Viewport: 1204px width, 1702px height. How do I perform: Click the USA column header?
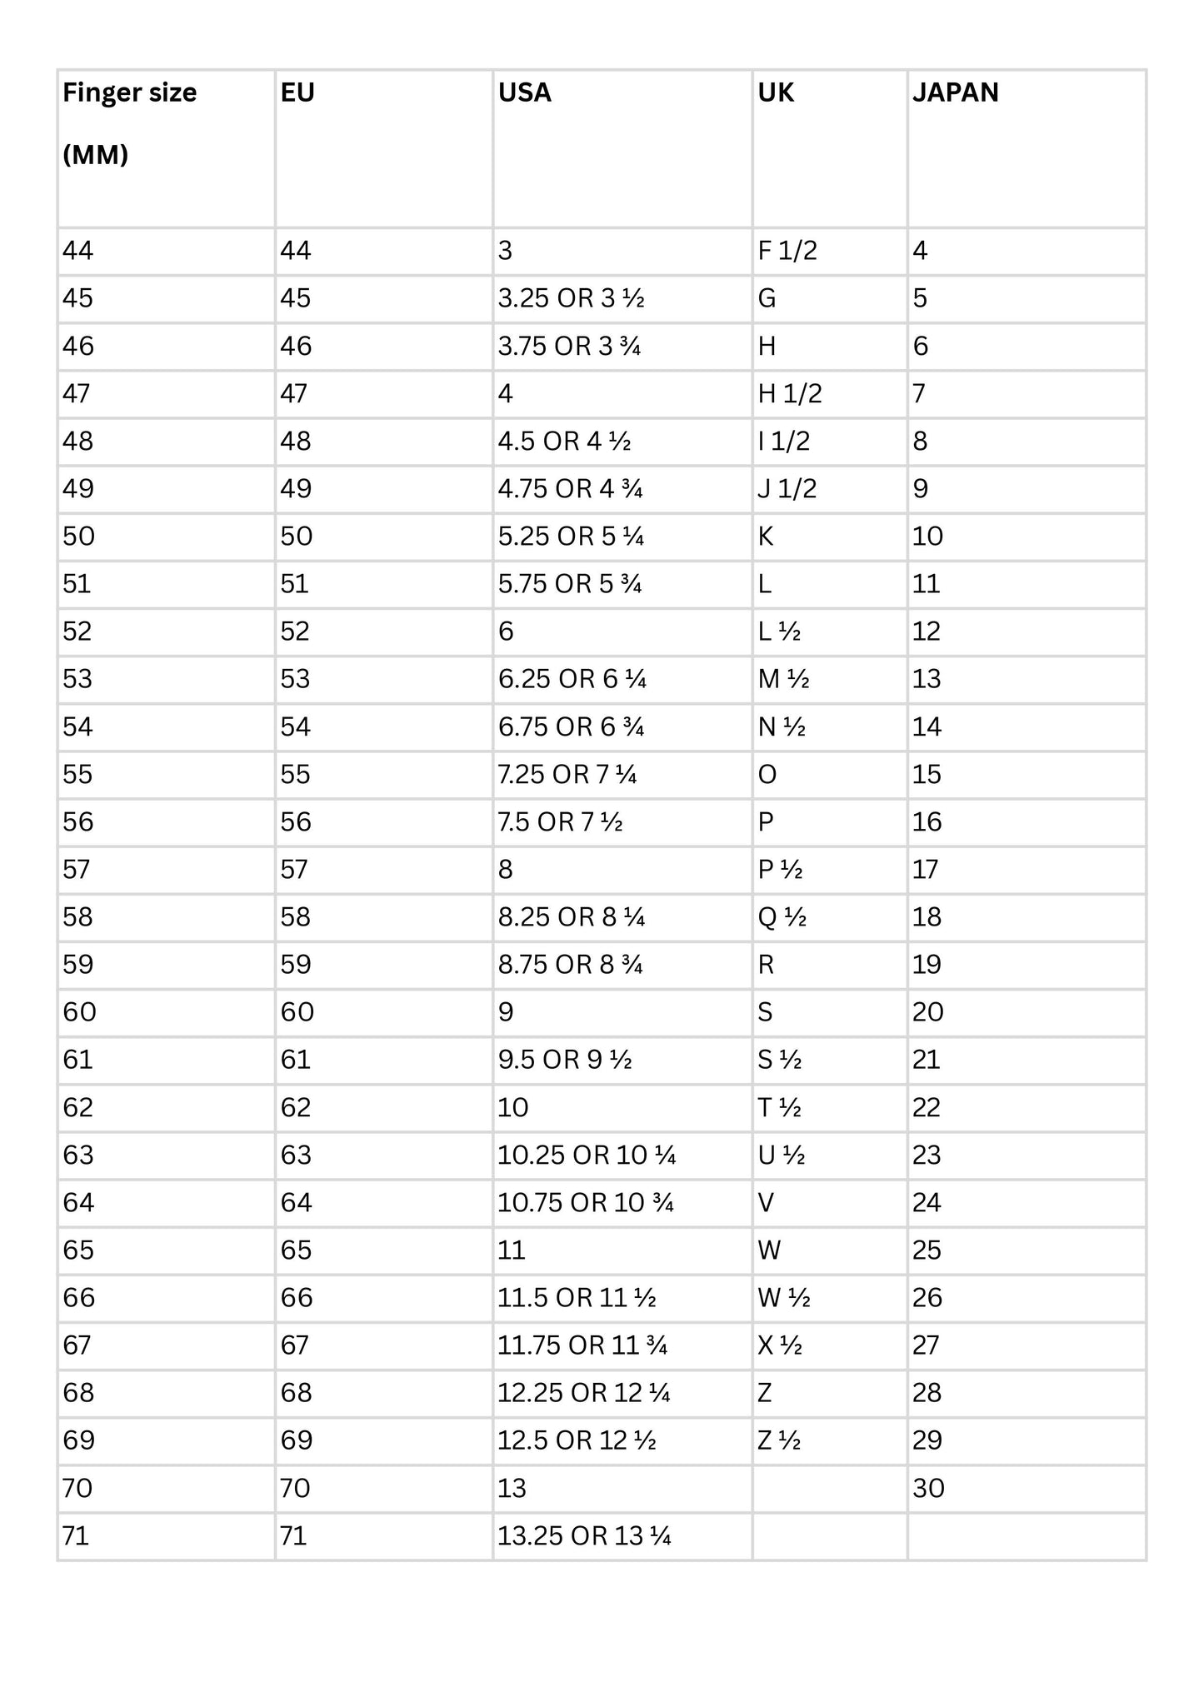525,92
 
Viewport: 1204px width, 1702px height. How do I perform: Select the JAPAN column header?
955,92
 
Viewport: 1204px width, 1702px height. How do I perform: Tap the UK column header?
776,92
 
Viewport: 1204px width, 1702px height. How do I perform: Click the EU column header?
297,92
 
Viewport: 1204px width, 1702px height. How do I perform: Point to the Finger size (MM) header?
129,123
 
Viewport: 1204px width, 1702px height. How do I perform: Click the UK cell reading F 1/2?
787,251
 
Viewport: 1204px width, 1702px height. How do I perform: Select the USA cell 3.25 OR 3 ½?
571,298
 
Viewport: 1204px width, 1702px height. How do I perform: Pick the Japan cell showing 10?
927,537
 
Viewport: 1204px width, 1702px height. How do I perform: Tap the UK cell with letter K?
766,537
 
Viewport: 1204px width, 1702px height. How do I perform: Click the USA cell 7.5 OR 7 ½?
560,822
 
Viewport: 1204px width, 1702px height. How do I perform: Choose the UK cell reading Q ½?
782,917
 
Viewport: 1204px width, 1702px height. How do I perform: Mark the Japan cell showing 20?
928,1012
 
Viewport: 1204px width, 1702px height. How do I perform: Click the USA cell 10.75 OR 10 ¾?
585,1203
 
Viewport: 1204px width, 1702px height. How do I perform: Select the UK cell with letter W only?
769,1250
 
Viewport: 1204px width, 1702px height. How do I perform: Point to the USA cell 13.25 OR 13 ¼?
584,1536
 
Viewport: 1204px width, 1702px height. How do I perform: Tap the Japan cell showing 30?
928,1489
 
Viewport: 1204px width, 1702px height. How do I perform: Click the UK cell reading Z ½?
779,1440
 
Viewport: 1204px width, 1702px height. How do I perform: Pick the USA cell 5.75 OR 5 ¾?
570,584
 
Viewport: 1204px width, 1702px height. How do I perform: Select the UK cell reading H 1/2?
790,393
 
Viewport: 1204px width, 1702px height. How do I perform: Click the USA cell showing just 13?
512,1489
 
